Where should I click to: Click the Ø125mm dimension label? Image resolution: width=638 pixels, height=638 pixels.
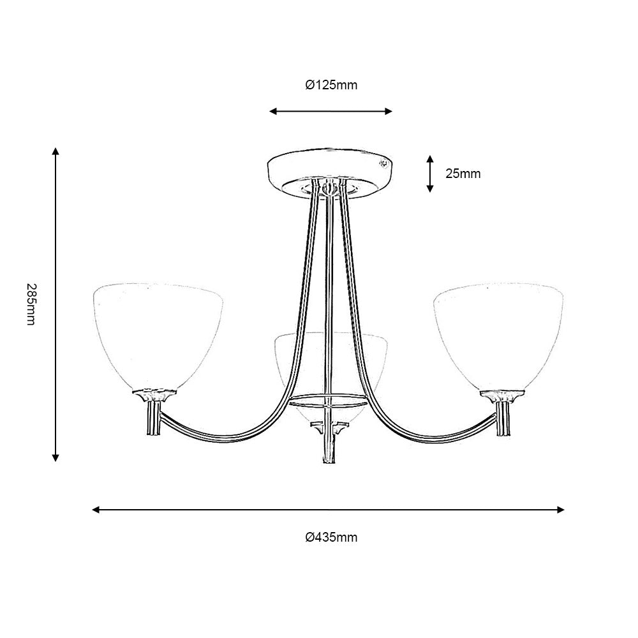pyautogui.click(x=331, y=85)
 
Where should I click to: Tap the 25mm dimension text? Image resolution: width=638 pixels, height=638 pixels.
pyautogui.click(x=463, y=173)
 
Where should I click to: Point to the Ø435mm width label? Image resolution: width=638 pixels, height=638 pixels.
pyautogui.click(x=331, y=537)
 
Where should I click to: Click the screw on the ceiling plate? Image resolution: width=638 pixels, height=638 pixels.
pyautogui.click(x=383, y=163)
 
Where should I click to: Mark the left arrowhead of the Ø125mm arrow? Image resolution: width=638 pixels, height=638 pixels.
pyautogui.click(x=272, y=112)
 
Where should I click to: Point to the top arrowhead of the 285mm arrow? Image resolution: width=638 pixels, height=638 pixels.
pyautogui.click(x=56, y=151)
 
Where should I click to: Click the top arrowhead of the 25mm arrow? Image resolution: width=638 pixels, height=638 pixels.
pyautogui.click(x=431, y=158)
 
